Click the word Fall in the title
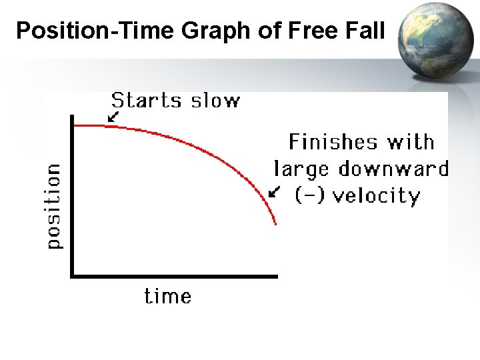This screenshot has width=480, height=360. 366,31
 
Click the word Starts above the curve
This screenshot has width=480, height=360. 146,101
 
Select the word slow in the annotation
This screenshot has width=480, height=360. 215,101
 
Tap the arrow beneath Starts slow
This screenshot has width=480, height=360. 113,117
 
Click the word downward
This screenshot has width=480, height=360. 393,169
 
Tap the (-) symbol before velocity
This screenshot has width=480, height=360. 310,196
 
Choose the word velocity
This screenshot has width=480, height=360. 376,196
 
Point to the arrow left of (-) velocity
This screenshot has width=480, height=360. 273,192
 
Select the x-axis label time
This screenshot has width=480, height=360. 168,295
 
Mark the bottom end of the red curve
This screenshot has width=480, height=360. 275,224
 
